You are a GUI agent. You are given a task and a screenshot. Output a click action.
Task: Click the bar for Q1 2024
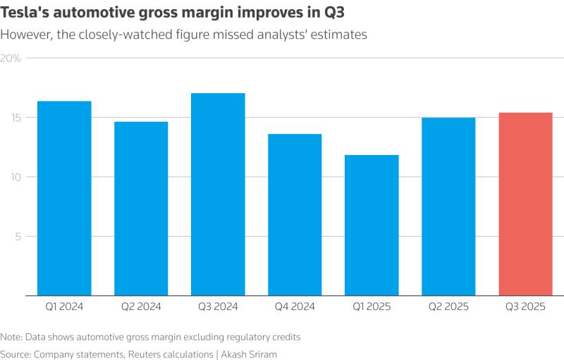[64, 199]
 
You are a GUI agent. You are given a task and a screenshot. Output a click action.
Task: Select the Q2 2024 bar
[141, 209]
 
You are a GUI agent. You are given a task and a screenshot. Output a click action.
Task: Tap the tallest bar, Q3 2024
[218, 194]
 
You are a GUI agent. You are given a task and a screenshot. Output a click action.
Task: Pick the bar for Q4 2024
[295, 215]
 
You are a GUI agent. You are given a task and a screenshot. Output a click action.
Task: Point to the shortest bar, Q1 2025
[372, 225]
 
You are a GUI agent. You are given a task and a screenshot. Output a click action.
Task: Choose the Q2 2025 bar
[448, 206]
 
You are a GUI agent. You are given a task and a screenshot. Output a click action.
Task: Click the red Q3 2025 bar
[525, 204]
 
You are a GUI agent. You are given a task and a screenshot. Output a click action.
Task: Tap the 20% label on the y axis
[11, 58]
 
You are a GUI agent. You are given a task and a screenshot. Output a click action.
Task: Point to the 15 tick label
[16, 118]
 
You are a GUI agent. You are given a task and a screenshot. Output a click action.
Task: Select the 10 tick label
[16, 177]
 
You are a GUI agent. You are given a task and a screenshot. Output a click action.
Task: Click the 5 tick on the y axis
[18, 237]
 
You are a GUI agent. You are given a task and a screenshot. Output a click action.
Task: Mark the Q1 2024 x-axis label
[64, 306]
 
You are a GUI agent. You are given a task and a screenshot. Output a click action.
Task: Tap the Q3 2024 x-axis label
[218, 306]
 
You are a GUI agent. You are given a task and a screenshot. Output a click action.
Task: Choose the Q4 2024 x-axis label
[295, 306]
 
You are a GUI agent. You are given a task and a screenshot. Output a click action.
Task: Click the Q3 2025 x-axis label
[525, 306]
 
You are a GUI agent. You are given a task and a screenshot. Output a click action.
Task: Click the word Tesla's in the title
[24, 13]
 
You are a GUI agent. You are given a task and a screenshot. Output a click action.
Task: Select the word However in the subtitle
[27, 35]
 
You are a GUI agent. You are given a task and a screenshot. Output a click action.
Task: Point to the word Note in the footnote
[11, 337]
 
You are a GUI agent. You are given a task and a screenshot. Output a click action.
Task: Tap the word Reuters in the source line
[145, 354]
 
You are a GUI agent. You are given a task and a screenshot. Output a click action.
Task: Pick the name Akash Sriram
[249, 354]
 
